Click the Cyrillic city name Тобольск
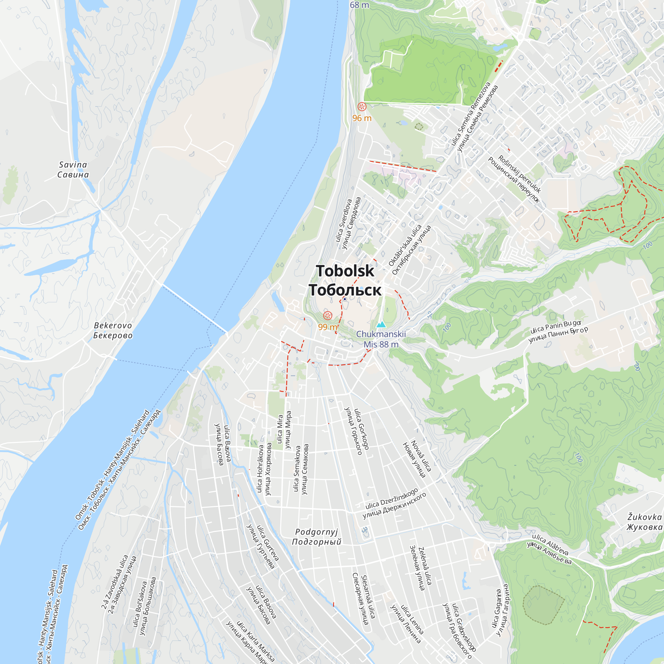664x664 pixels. tap(345, 290)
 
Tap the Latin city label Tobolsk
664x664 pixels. tap(345, 271)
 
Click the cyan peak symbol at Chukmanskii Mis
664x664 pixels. tap(381, 324)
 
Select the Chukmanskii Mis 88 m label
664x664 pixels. tap(381, 339)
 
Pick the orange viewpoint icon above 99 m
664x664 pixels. tap(328, 315)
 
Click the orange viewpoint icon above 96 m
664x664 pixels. tap(362, 107)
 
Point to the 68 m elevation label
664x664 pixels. tap(360, 5)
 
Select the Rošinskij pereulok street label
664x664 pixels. tap(519, 174)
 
